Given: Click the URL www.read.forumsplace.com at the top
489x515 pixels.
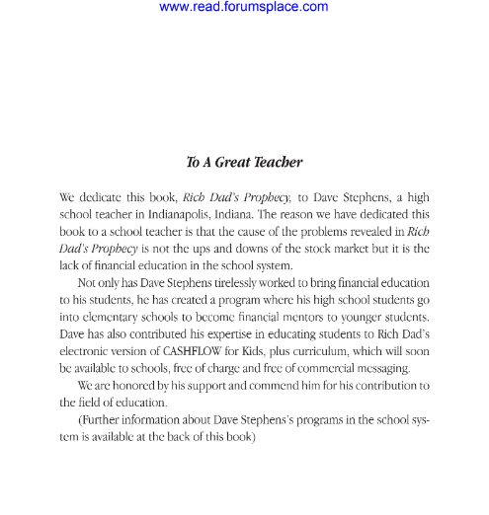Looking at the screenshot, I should pos(243,7).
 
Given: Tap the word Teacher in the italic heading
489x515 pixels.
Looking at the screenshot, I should pos(278,162).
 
